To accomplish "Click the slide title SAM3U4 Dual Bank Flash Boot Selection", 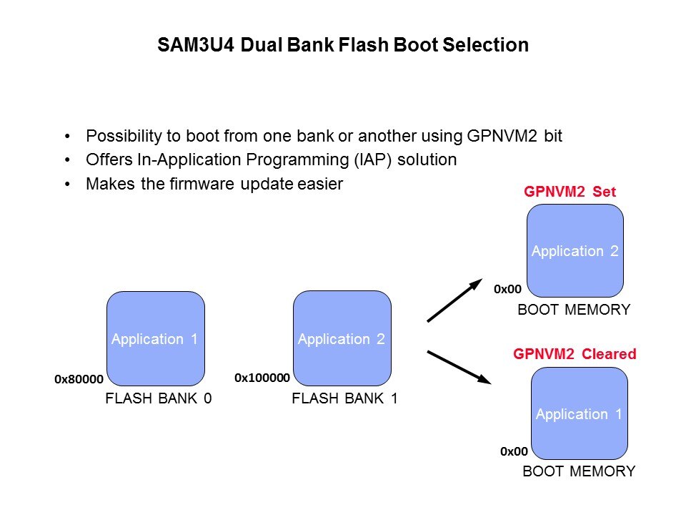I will point(343,46).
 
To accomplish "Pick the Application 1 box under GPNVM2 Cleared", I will point(580,414).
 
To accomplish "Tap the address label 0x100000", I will point(262,378).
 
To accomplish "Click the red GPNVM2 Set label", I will point(570,192).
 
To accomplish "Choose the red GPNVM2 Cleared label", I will point(575,354).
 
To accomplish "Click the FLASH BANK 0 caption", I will point(159,400).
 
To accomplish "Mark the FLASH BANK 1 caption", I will point(344,400).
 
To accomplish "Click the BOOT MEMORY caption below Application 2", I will point(574,310).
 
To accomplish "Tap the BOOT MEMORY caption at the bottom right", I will point(579,471).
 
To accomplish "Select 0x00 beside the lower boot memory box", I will point(514,452).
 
